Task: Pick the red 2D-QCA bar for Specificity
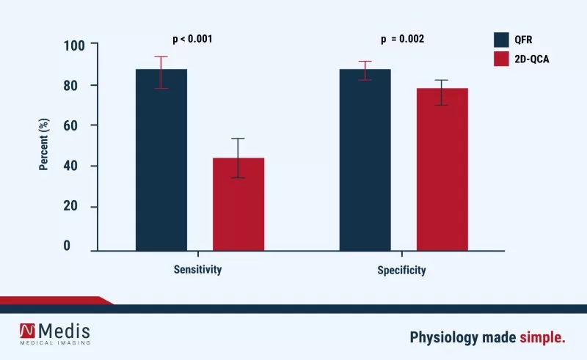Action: point(442,169)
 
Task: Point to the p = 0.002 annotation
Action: point(402,39)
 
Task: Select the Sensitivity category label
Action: point(197,269)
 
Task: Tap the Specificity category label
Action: point(401,270)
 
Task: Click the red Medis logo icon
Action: point(29,332)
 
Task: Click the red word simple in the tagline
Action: point(543,337)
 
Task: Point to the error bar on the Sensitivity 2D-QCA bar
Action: point(238,158)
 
